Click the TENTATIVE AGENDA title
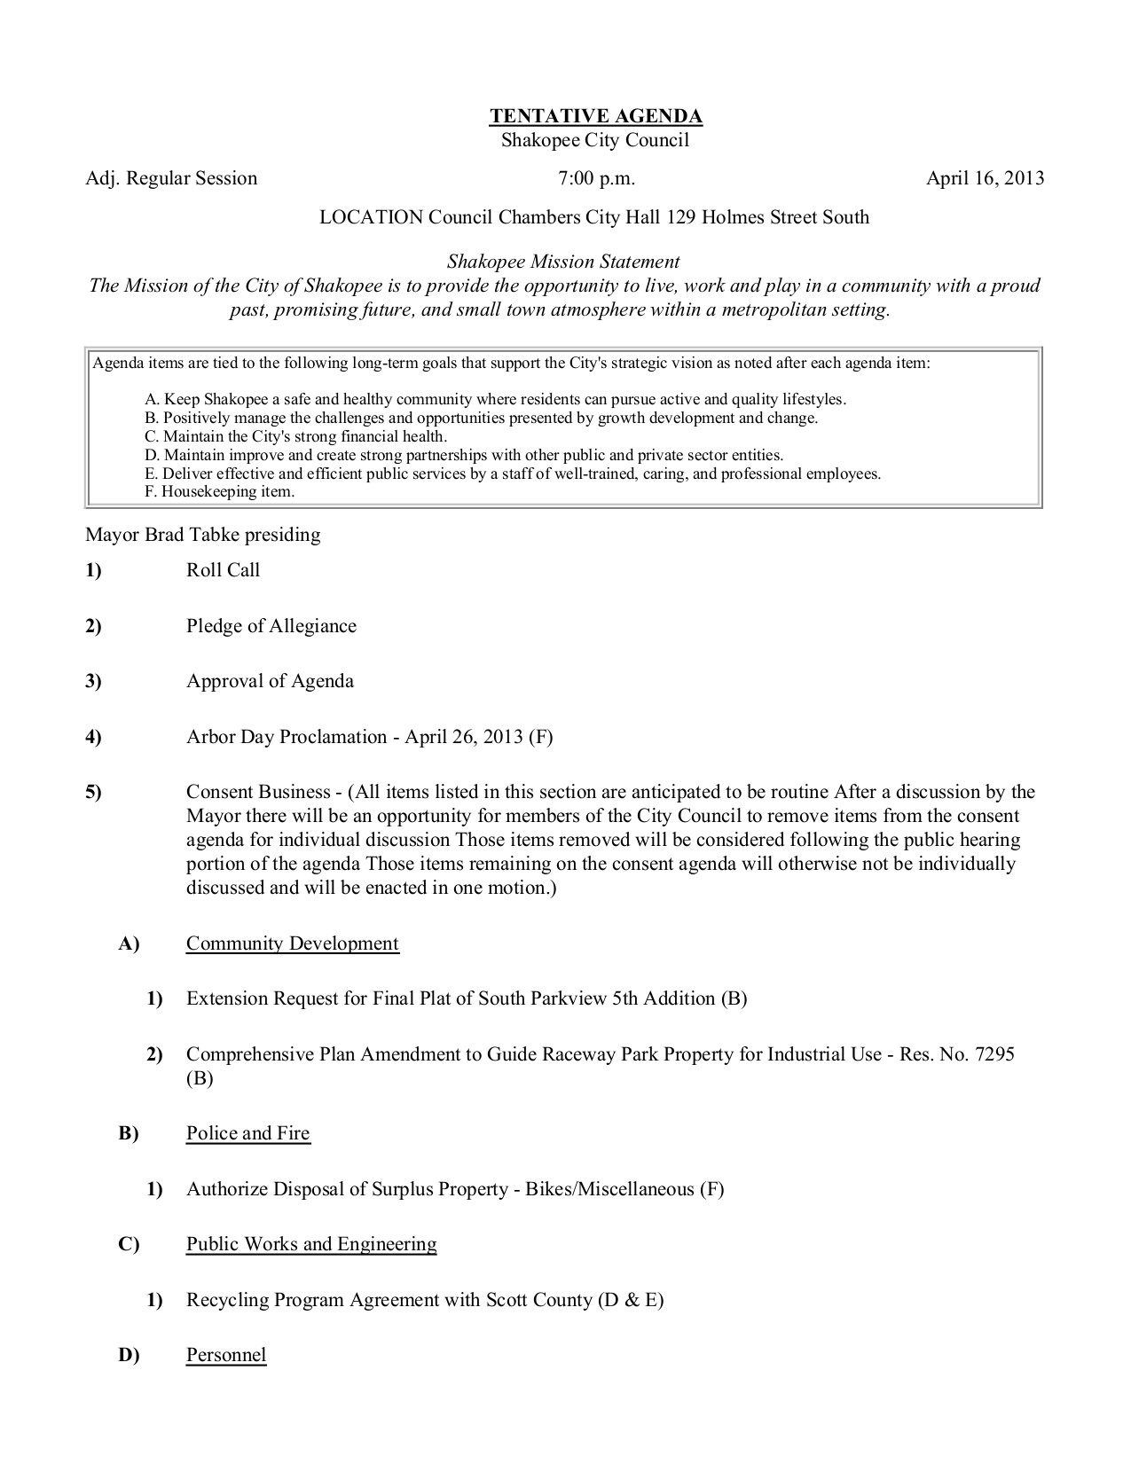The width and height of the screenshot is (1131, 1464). [x=596, y=116]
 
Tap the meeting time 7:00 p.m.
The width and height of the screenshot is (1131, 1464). [x=596, y=178]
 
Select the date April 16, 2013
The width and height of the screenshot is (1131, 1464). [x=985, y=178]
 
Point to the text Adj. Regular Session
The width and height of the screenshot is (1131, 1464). [x=171, y=178]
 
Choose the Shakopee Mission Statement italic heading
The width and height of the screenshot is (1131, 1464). [x=563, y=262]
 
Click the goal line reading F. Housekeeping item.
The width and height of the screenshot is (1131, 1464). [x=219, y=491]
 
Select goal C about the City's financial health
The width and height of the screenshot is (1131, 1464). [x=295, y=436]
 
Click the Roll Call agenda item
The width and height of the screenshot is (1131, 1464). [x=223, y=570]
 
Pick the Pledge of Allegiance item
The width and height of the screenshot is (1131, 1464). [x=271, y=626]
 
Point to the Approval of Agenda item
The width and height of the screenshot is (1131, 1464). [x=270, y=681]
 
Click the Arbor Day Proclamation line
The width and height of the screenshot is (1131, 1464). [x=369, y=737]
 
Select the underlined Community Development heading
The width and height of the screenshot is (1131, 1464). [x=292, y=943]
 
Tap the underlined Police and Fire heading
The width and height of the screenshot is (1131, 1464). [x=247, y=1133]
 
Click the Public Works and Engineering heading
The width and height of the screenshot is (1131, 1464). [x=310, y=1244]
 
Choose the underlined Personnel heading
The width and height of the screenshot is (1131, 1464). [x=225, y=1355]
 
